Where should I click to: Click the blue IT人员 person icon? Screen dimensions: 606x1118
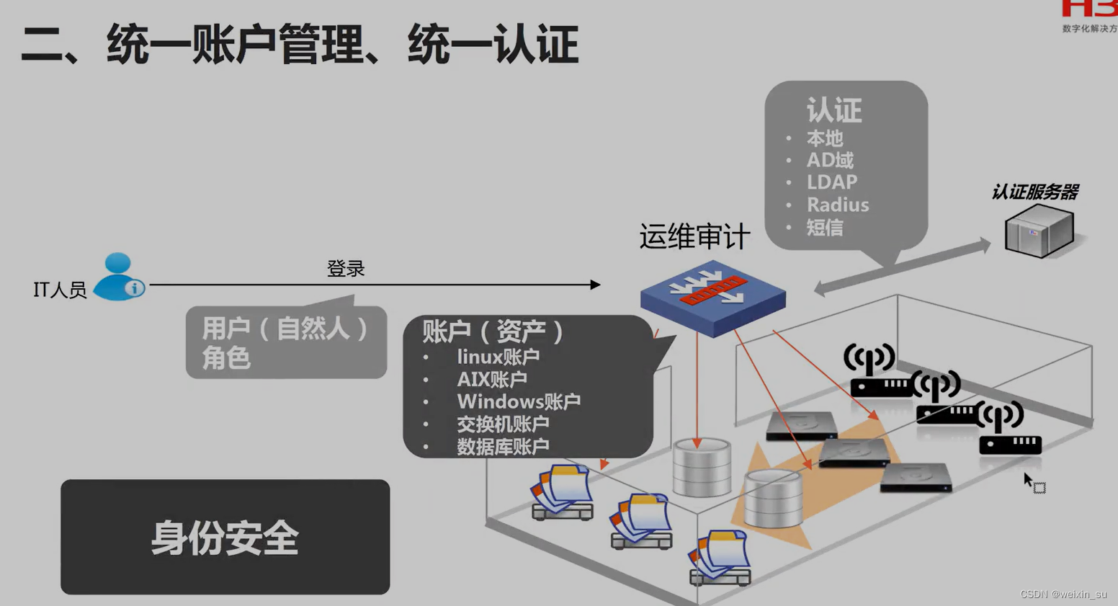pyautogui.click(x=119, y=277)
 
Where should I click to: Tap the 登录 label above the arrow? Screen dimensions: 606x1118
pyautogui.click(x=346, y=269)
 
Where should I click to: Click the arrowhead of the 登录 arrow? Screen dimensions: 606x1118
pyautogui.click(x=595, y=285)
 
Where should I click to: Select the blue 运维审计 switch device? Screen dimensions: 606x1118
pyautogui.click(x=712, y=297)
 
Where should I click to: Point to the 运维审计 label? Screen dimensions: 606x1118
pyautogui.click(x=694, y=236)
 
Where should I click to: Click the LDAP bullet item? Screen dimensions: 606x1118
pyautogui.click(x=831, y=182)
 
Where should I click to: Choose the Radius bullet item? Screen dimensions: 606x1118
pyautogui.click(x=837, y=205)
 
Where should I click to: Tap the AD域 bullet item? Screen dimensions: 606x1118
pyautogui.click(x=829, y=160)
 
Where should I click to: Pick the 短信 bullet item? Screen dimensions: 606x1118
pyautogui.click(x=824, y=228)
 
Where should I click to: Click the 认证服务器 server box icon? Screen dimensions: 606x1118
pyautogui.click(x=1039, y=231)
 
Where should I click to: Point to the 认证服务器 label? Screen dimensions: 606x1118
pyautogui.click(x=1034, y=192)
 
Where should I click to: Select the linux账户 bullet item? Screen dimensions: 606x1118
pyautogui.click(x=498, y=357)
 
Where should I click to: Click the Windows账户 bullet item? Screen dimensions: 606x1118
pyautogui.click(x=518, y=401)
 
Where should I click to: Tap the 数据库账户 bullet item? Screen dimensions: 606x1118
pyautogui.click(x=503, y=447)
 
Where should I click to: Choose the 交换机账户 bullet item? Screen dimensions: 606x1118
pyautogui.click(x=503, y=424)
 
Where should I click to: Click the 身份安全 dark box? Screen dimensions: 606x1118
pyautogui.click(x=225, y=537)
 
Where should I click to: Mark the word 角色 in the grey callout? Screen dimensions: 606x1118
pyautogui.click(x=225, y=357)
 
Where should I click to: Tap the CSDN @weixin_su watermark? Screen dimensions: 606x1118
pyautogui.click(x=1063, y=594)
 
